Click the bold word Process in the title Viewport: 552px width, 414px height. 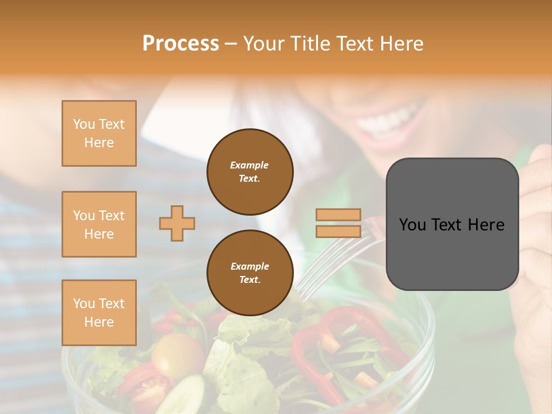(181, 43)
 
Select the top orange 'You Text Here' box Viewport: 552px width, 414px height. (99, 133)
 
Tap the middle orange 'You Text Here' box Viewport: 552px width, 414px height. (99, 224)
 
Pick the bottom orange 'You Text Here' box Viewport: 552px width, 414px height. (99, 313)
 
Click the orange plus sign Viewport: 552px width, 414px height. (177, 223)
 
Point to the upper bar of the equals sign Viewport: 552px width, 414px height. (338, 215)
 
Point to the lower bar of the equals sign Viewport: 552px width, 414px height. (338, 231)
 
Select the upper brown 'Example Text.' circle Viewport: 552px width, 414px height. (250, 171)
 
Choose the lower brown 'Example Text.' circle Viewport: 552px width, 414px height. (250, 273)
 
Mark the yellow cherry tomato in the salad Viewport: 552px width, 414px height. (172, 354)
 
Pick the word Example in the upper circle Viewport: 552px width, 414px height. (249, 165)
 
